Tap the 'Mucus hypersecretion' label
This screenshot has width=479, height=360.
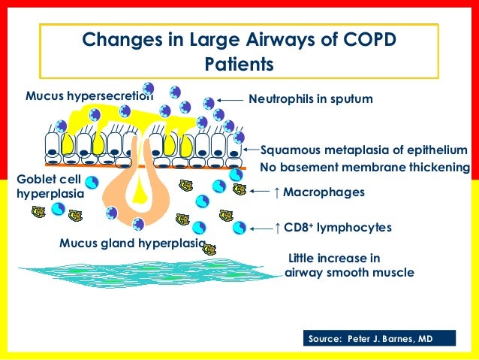click(89, 96)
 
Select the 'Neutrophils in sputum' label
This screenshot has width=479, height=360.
click(310, 98)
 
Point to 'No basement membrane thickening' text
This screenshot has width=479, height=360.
click(364, 167)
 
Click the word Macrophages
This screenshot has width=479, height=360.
click(324, 192)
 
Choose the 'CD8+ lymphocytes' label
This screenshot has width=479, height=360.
click(337, 227)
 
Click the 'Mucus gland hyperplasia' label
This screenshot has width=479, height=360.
click(131, 244)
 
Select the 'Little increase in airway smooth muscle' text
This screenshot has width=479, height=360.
click(350, 265)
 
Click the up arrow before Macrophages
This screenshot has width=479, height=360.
click(277, 192)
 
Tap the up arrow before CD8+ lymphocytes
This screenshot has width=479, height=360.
click(277, 227)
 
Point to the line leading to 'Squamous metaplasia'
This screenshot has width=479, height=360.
click(251, 149)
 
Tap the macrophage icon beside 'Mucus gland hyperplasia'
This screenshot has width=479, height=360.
click(209, 249)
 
